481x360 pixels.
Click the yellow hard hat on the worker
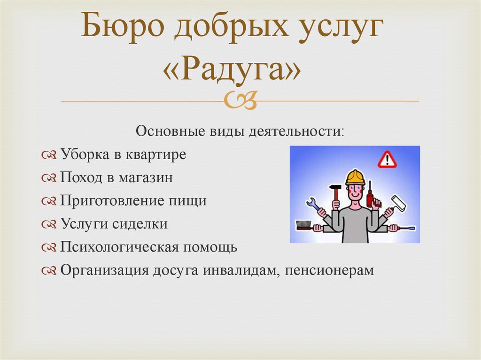click(355, 177)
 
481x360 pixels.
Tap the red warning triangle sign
click(387, 160)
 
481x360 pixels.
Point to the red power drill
click(372, 196)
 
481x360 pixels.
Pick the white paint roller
click(398, 202)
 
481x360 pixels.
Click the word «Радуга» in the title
click(232, 70)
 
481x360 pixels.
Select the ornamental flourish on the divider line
click(240, 100)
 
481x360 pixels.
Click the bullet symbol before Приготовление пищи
click(49, 201)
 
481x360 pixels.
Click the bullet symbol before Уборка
click(49, 155)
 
